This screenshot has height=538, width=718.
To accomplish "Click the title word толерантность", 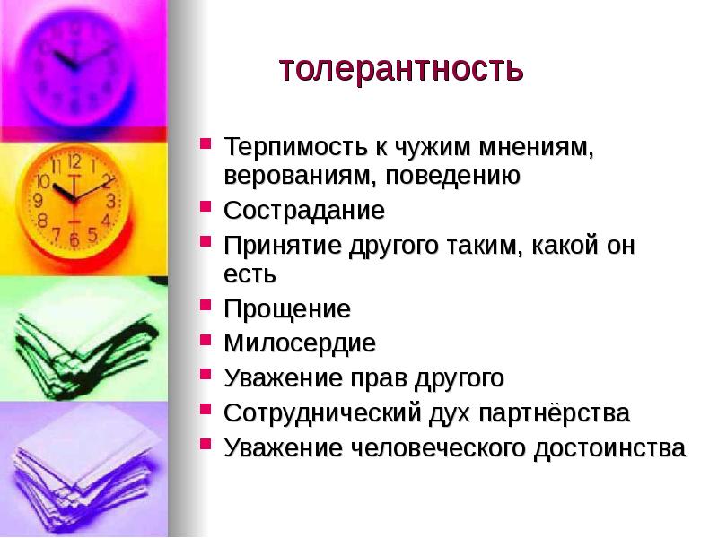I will pyautogui.click(x=400, y=69).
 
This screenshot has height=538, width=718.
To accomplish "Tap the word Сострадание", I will pyautogui.click(x=304, y=212).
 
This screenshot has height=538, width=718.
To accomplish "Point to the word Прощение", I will pyautogui.click(x=287, y=309).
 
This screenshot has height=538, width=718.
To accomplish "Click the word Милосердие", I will pyautogui.click(x=300, y=343).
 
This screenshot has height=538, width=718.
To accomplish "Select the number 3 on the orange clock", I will pyautogui.click(x=109, y=200).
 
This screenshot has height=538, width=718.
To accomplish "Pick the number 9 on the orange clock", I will pyautogui.click(x=38, y=200).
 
